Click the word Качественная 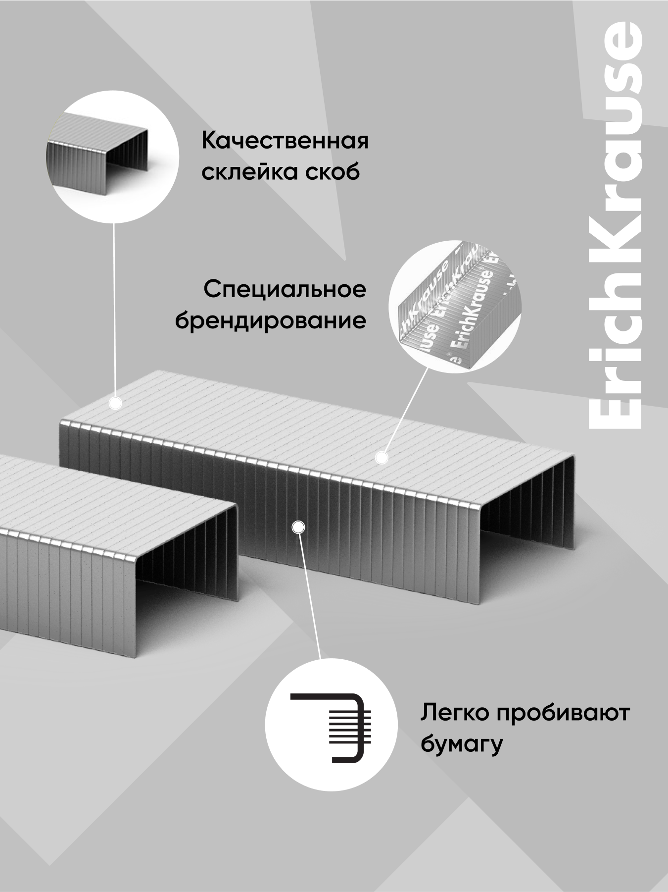click(285, 141)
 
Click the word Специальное click(285, 289)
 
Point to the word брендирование click(271, 321)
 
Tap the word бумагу click(462, 744)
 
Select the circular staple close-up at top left click(113, 155)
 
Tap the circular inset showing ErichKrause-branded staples click(455, 306)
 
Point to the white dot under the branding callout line click(381, 458)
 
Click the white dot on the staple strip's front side click(297, 527)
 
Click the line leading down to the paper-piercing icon click(309, 594)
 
